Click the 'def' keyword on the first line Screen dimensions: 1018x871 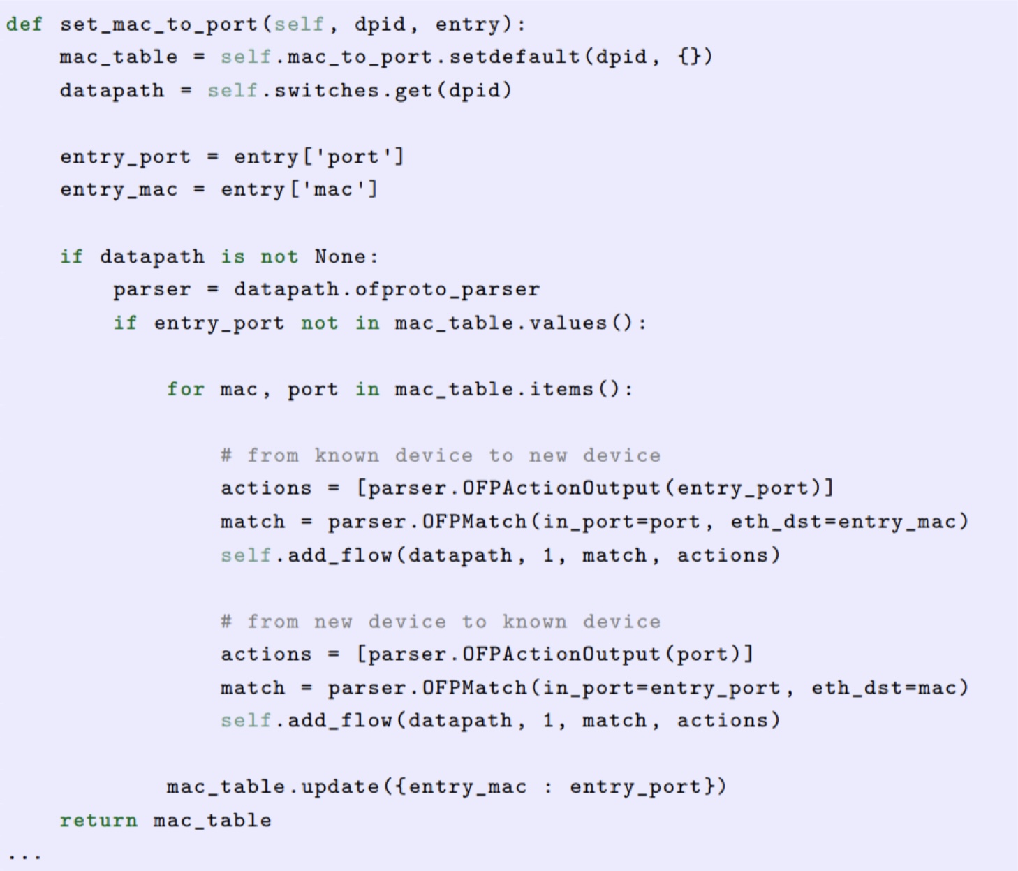pos(24,24)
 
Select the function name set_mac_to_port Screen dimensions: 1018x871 pos(158,24)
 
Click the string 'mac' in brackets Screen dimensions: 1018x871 pos(333,189)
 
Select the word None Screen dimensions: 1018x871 pos(340,256)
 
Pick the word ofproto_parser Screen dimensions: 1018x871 pos(448,289)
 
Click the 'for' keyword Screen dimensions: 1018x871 pos(185,389)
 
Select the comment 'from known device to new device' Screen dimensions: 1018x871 pos(441,455)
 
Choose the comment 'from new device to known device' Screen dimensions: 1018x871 pos(441,622)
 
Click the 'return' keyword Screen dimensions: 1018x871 pos(98,820)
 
